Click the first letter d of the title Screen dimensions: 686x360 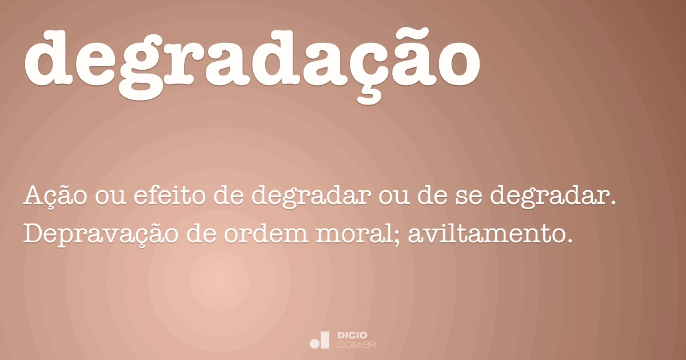pos(48,57)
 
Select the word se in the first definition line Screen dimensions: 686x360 pos(469,198)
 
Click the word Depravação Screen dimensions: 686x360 pos(101,234)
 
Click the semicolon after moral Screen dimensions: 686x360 pos(397,237)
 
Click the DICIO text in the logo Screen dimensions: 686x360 pos(352,335)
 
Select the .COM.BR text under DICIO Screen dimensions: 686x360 pos(356,345)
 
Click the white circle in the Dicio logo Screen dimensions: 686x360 pos(314,343)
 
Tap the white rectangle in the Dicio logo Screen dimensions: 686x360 pos(325,340)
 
